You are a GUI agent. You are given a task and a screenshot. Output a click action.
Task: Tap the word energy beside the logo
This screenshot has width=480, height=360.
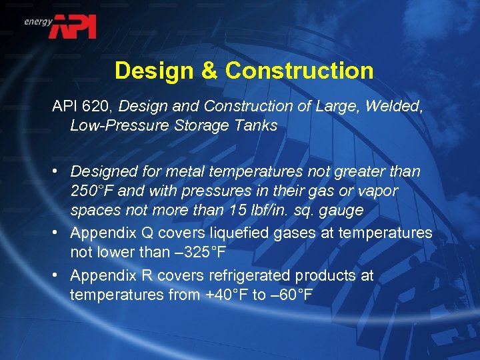pyautogui.click(x=38, y=21)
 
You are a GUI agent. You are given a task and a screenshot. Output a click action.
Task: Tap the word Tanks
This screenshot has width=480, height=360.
pyautogui.click(x=256, y=126)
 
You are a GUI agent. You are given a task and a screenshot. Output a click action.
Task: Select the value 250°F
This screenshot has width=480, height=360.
pyautogui.click(x=93, y=191)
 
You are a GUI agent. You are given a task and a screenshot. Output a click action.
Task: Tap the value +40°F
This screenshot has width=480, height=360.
pyautogui.click(x=224, y=295)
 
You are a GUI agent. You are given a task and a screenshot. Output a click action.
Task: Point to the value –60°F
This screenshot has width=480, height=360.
pyautogui.click(x=291, y=295)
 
